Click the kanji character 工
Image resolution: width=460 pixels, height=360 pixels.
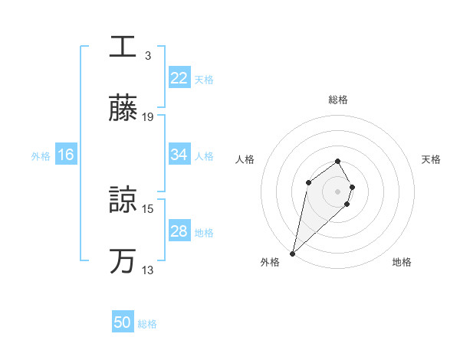(123, 46)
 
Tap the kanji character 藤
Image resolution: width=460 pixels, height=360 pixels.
(123, 109)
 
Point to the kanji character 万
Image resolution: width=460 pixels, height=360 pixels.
(123, 261)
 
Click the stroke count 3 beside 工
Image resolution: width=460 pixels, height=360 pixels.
(148, 55)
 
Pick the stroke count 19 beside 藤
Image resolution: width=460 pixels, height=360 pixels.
(149, 117)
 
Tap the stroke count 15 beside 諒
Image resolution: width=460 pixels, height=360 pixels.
(149, 208)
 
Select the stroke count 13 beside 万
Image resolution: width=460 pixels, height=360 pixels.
(149, 270)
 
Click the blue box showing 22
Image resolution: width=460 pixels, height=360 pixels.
(179, 78)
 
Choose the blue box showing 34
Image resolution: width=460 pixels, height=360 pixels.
(179, 155)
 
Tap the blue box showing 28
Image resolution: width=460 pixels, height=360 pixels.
(179, 231)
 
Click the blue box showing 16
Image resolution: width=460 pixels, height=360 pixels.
(66, 155)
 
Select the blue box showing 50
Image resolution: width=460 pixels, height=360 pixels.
(123, 323)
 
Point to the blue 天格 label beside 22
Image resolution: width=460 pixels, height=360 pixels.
(204, 79)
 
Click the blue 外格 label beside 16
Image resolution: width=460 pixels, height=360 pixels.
(41, 155)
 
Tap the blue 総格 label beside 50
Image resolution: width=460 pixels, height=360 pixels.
(147, 324)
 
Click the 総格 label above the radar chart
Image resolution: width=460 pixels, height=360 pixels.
(338, 100)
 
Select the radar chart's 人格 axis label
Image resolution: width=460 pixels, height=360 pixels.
(245, 159)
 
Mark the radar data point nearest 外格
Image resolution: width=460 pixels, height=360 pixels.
(293, 253)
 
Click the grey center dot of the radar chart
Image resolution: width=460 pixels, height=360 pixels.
(338, 191)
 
